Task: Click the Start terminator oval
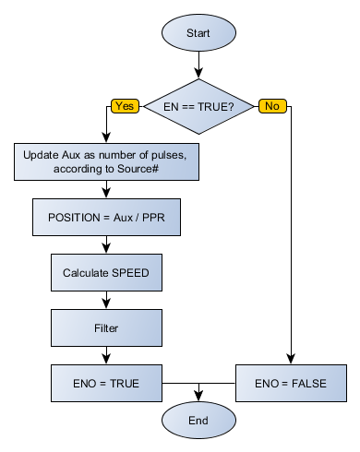pyautogui.click(x=198, y=33)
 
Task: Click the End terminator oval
pyautogui.click(x=198, y=420)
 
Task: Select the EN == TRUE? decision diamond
pyautogui.click(x=198, y=106)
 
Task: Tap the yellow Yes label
pyautogui.click(x=124, y=106)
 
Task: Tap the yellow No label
pyautogui.click(x=270, y=106)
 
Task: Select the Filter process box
pyautogui.click(x=108, y=327)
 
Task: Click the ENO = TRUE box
pyautogui.click(x=108, y=381)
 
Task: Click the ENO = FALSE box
pyautogui.click(x=292, y=381)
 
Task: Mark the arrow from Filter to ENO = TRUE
pyautogui.click(x=108, y=353)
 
